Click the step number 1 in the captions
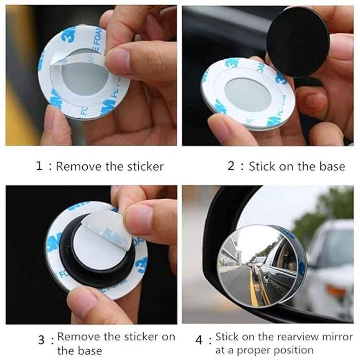(x=39, y=166)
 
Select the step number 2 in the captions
(x=231, y=166)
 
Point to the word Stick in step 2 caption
(x=262, y=167)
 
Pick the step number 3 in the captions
(x=41, y=340)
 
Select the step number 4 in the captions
(x=198, y=340)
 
